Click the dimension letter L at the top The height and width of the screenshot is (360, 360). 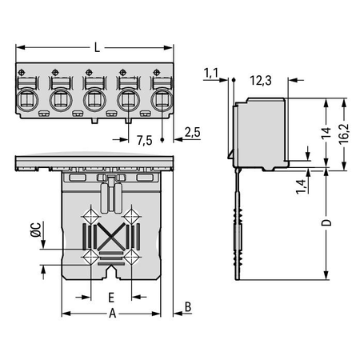[97, 48]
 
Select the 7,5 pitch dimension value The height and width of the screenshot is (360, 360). [145, 140]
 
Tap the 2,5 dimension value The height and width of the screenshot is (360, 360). [193, 133]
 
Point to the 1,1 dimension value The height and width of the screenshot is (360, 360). [211, 73]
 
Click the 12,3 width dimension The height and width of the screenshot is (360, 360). [261, 81]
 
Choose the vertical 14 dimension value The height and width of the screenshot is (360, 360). [326, 133]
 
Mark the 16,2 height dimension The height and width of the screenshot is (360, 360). [344, 134]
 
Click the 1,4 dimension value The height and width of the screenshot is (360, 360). [301, 186]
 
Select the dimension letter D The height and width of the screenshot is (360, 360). [326, 222]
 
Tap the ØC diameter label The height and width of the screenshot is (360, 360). [36, 230]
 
